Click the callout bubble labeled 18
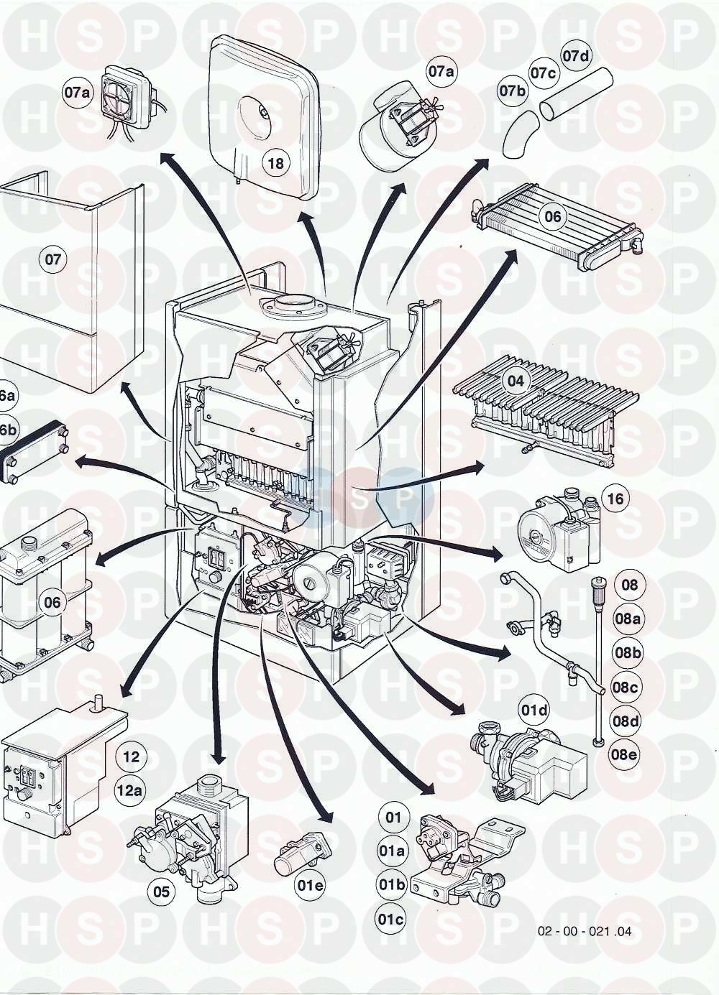pyautogui.click(x=275, y=164)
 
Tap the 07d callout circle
pyautogui.click(x=575, y=57)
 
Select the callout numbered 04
pyautogui.click(x=516, y=381)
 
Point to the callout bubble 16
pyautogui.click(x=616, y=499)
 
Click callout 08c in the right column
pyautogui.click(x=626, y=688)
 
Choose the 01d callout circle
pyautogui.click(x=534, y=711)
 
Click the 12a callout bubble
pyautogui.click(x=129, y=791)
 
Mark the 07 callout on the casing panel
pyautogui.click(x=53, y=259)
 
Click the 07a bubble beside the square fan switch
pyautogui.click(x=76, y=93)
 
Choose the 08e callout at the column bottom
pyautogui.click(x=626, y=754)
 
